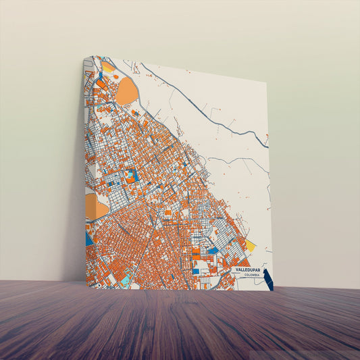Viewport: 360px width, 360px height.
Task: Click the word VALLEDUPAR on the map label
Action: (247, 269)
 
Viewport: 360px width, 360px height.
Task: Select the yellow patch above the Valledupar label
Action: (250, 246)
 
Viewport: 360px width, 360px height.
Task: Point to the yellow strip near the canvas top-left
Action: (108, 67)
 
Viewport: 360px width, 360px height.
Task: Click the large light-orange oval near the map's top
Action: (126, 91)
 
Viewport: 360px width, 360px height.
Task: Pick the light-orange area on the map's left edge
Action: (95, 207)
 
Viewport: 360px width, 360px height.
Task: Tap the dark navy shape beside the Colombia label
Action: (268, 279)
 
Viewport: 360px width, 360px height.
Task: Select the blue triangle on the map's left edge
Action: (89, 238)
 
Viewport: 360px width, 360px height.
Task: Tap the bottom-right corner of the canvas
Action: (273, 290)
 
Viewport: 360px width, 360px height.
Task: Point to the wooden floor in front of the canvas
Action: (180, 324)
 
